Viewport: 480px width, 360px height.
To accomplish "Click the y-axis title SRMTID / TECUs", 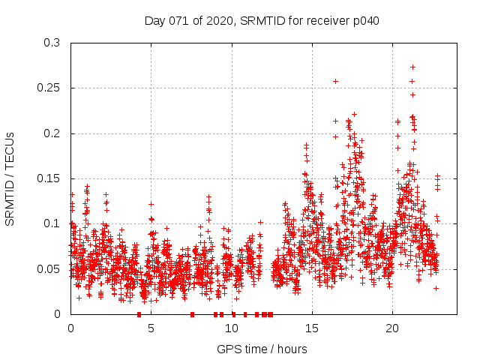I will (x=10, y=178).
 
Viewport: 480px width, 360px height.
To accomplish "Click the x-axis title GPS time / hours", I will (x=262, y=349).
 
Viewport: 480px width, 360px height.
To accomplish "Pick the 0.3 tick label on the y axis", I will (x=52, y=43).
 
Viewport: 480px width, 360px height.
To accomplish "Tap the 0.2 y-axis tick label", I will (x=52, y=133).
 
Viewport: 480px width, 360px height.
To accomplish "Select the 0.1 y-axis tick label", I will (x=52, y=223).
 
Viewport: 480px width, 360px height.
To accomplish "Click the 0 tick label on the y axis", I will (x=58, y=314).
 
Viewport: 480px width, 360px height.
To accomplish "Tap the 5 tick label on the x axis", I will (x=151, y=328).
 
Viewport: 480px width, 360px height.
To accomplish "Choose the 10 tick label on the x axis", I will (x=232, y=328).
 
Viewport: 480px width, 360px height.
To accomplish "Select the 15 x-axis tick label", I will (x=312, y=328).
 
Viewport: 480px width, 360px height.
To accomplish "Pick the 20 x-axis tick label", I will (x=392, y=328).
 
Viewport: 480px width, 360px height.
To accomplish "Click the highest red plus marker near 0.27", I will (x=412, y=67).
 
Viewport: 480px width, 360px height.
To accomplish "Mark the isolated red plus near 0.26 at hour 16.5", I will (x=335, y=81).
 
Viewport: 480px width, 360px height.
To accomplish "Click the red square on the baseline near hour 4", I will (x=139, y=314).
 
